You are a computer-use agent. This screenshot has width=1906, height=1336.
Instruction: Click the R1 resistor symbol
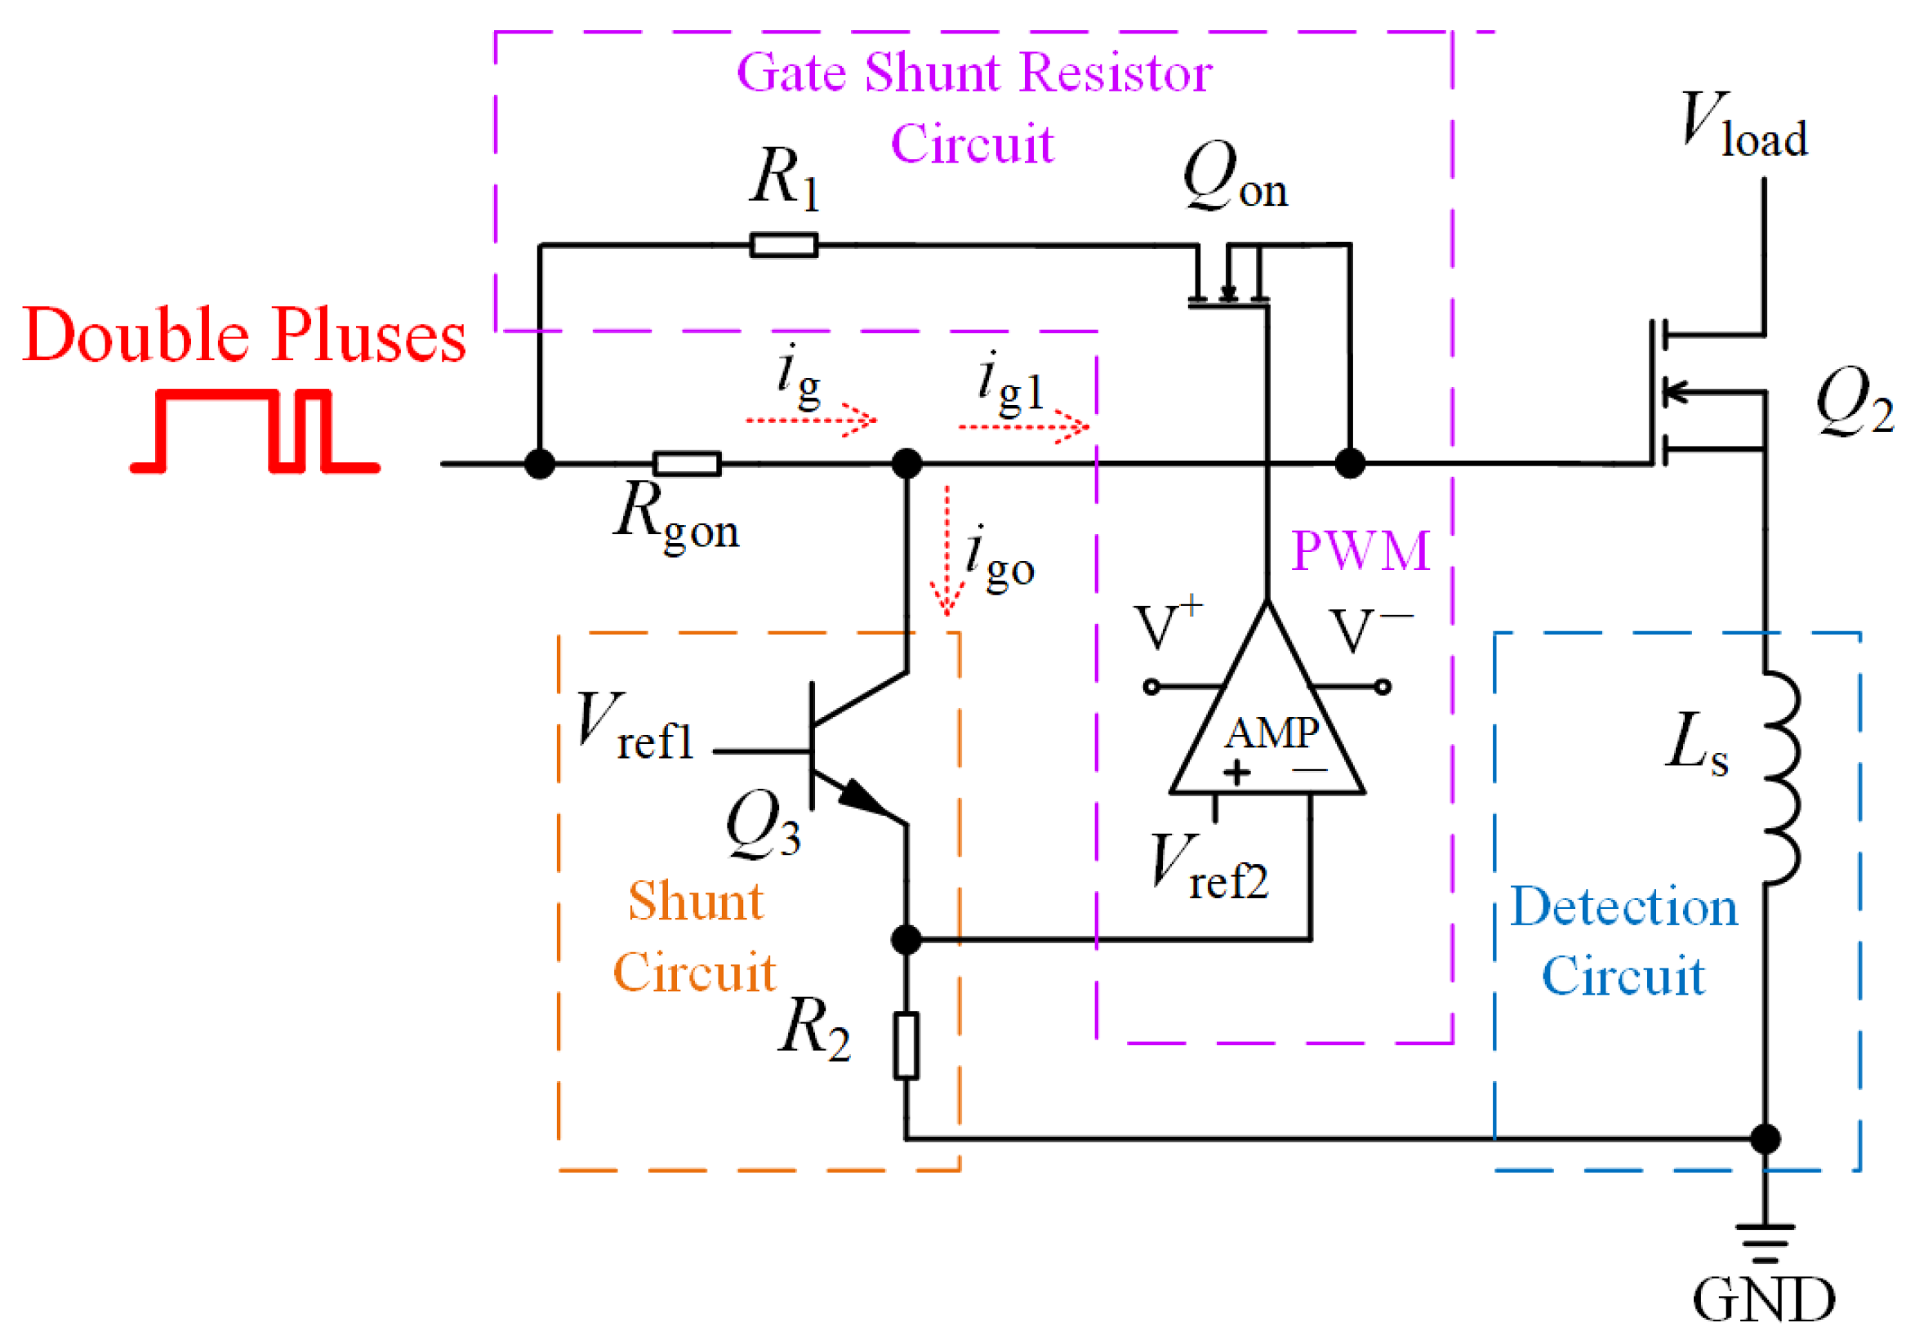(x=783, y=245)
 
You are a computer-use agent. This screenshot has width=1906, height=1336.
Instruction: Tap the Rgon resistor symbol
(x=687, y=463)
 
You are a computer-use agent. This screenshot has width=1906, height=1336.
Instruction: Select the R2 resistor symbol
(x=906, y=1045)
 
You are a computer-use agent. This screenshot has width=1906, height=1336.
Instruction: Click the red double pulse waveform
(x=255, y=432)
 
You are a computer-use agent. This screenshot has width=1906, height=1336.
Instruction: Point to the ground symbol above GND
(x=1764, y=1241)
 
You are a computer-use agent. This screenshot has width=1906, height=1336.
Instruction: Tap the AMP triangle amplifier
(x=1267, y=723)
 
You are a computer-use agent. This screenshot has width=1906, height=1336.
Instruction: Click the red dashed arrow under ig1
(x=1023, y=427)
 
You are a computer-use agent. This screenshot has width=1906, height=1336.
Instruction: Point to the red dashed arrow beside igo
(x=946, y=552)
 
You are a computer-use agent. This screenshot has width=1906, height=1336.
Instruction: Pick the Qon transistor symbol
(x=1228, y=278)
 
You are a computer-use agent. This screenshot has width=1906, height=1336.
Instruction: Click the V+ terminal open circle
(x=1151, y=687)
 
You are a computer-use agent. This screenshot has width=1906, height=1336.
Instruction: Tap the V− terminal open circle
(x=1383, y=687)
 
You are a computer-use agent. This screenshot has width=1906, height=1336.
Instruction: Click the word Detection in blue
(x=1623, y=906)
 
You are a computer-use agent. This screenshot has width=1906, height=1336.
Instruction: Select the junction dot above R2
(x=906, y=939)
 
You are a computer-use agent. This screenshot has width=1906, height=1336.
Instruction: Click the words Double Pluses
(x=244, y=336)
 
